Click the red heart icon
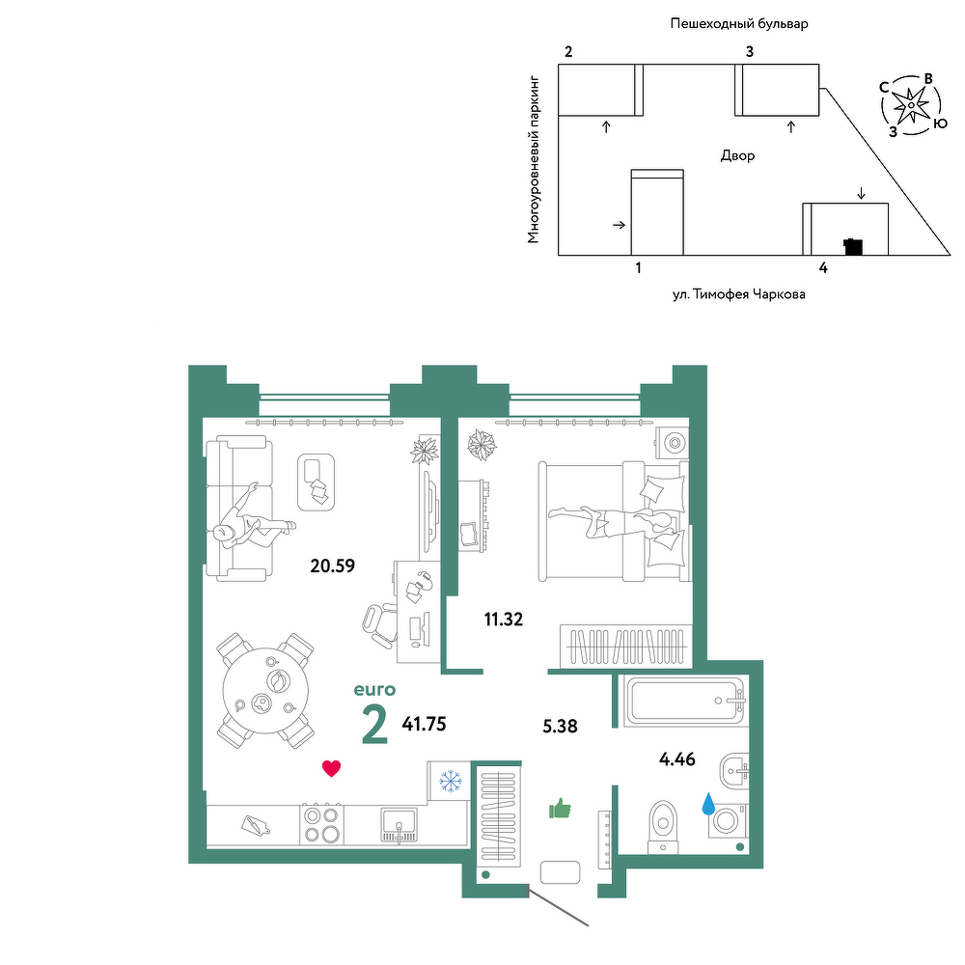pos(331,768)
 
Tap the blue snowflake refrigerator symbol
pos(451,782)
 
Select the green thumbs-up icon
pos(560,808)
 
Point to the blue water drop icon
pos(708,803)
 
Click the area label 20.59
pos(332,565)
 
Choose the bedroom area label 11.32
pos(504,620)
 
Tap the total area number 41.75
pos(424,724)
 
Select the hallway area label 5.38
pos(560,727)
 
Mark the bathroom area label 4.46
pos(677,759)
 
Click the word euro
pos(374,690)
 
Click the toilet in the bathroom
pos(663,827)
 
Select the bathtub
pos(685,702)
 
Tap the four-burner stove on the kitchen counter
pos(322,824)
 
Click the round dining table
pos(265,691)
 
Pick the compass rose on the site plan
pos(911,105)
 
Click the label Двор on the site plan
pos(737,155)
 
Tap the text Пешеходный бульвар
pos(739,24)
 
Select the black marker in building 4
pos(853,246)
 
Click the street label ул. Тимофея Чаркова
pos(738,294)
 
